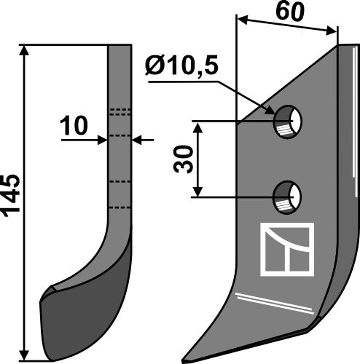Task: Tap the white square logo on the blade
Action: coord(286,249)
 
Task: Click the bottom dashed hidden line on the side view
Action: coord(120,207)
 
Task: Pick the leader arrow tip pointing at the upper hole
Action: coord(275,114)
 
